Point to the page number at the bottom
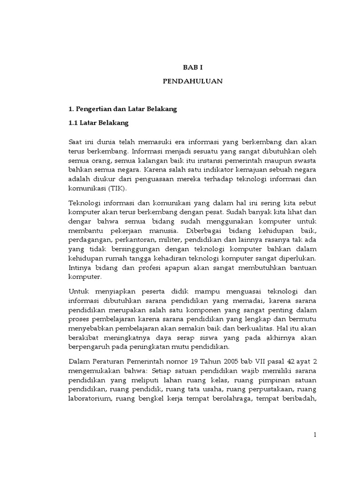point(315,435)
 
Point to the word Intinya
point(81,268)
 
